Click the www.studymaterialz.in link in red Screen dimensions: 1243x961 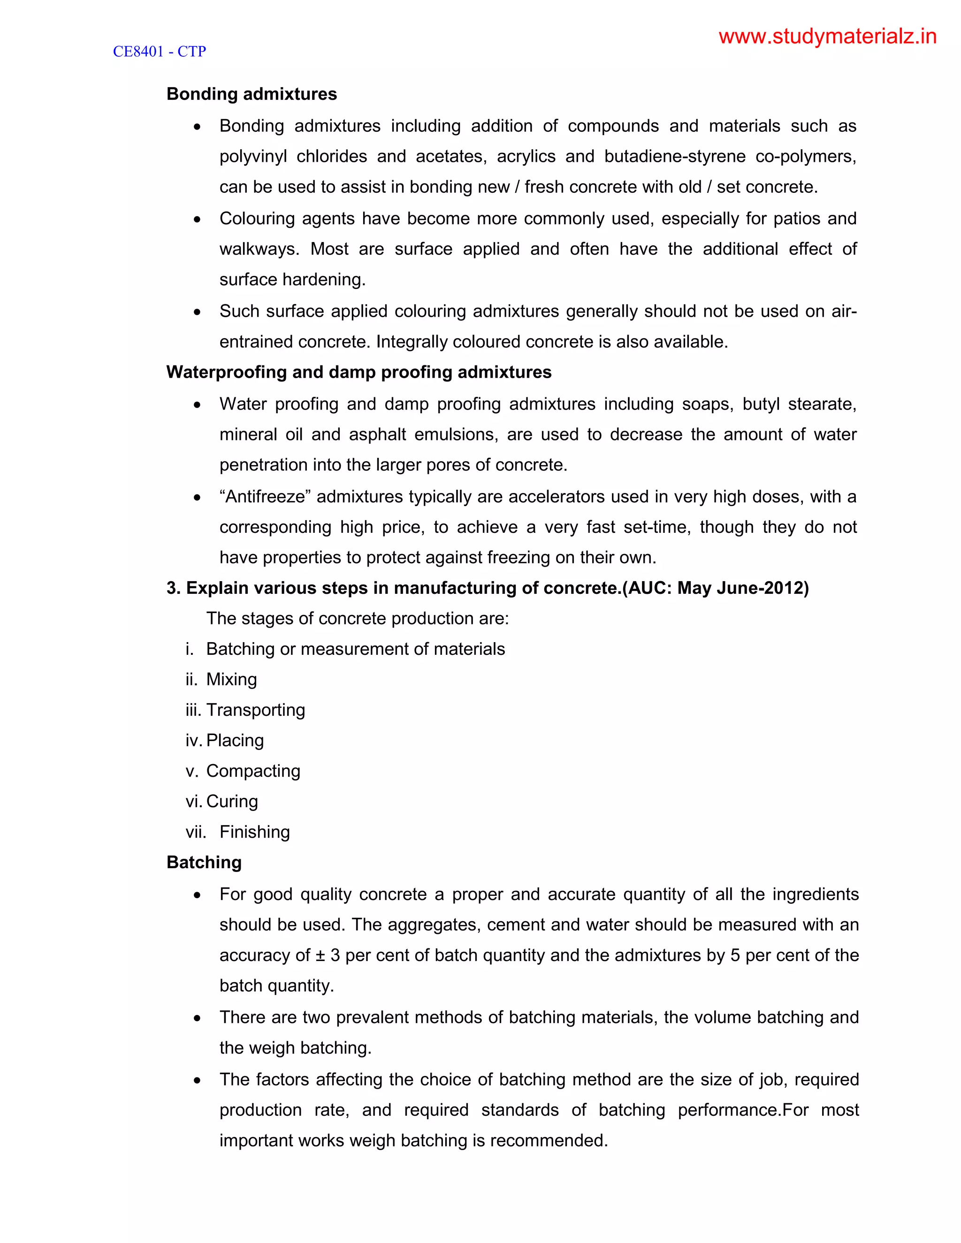[827, 37]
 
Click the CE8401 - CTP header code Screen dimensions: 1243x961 [160, 52]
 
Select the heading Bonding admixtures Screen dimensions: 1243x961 [252, 94]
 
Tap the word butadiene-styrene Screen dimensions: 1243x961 [675, 157]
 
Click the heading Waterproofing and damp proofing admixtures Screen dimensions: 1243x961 [358, 372]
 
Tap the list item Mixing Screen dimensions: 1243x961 [231, 680]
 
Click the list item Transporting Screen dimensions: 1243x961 [256, 710]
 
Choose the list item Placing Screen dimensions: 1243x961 [235, 741]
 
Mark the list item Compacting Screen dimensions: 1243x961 [253, 771]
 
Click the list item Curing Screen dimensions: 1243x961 [232, 801]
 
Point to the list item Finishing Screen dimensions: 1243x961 [254, 832]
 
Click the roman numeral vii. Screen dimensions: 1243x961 [195, 832]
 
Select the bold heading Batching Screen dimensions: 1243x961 [204, 863]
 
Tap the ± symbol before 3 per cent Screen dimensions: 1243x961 [320, 955]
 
